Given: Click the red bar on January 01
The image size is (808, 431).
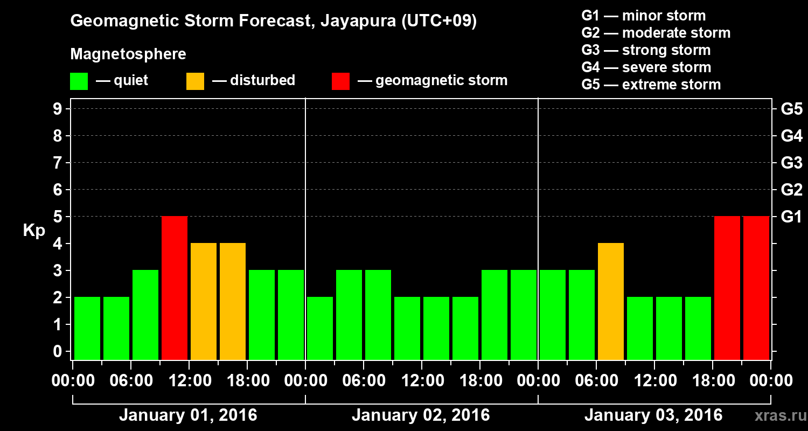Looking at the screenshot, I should point(175,288).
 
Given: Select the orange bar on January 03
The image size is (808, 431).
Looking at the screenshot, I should point(611,301).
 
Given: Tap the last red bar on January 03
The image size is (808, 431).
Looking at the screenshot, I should point(756,288).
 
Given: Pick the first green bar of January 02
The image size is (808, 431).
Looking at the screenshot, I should point(320,328).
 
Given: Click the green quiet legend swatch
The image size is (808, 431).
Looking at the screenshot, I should point(79,81).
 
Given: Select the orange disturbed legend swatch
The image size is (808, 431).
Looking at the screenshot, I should point(195,81).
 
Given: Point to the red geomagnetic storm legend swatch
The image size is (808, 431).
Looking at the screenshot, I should point(340,81).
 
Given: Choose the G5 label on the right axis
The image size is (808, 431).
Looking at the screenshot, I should point(791,109).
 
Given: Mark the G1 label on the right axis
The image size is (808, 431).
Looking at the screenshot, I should point(791,217).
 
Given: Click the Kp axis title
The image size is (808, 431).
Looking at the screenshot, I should point(34,231).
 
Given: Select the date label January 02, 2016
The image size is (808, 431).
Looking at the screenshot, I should point(421,415).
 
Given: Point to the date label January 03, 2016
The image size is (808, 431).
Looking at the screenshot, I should point(653,415).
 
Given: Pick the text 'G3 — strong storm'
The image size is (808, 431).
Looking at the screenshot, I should point(646,50).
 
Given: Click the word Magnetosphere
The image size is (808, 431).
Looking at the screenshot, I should point(128,54).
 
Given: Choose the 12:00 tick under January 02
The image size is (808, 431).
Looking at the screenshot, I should point(422,381).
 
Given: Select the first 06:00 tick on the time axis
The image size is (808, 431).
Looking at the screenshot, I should point(131,381).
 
